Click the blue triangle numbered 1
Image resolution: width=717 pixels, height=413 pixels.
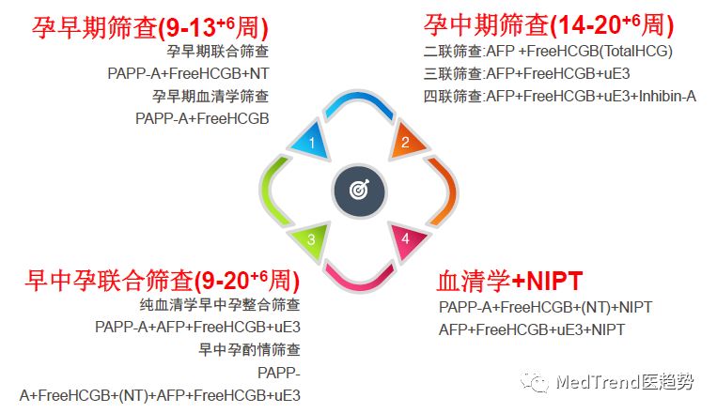click(312, 142)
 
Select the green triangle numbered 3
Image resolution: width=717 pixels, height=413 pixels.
click(312, 239)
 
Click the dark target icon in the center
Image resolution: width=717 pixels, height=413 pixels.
click(359, 190)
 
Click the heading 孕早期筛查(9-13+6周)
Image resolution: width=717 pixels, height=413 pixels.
click(150, 27)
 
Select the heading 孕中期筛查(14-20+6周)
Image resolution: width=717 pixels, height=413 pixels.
click(548, 24)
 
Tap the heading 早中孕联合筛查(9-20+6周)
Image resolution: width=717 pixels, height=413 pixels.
click(163, 280)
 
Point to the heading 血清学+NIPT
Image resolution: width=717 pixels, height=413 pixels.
click(509, 281)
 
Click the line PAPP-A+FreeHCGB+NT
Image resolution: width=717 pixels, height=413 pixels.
click(188, 73)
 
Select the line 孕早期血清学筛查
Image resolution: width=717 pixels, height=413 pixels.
click(210, 96)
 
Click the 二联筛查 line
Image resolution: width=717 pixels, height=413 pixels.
click(548, 51)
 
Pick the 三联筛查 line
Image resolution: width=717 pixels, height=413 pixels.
click(527, 73)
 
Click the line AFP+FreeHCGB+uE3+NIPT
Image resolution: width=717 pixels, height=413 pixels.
click(532, 329)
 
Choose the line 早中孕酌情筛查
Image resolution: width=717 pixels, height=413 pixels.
click(249, 349)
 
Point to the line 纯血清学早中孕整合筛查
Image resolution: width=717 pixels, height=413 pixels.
click(220, 304)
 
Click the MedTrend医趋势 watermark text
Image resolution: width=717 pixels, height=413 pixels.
click(625, 381)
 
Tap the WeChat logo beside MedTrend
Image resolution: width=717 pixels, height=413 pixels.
click(534, 381)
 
